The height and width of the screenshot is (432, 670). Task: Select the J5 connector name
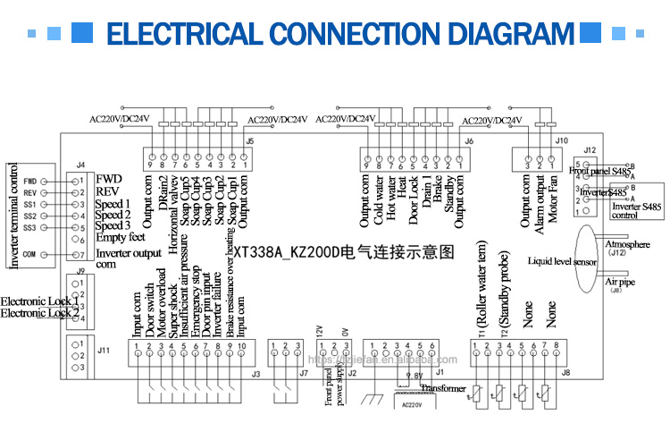(x=249, y=140)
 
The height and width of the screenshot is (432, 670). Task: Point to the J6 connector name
(x=469, y=140)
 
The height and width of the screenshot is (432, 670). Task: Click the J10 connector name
(x=561, y=140)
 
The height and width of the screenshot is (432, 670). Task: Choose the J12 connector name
(x=589, y=149)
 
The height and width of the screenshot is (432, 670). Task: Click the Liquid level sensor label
(x=562, y=262)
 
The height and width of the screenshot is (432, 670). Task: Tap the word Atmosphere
(x=628, y=243)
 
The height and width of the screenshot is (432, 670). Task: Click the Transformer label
(x=443, y=387)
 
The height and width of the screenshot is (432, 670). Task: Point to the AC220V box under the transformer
(x=412, y=403)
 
